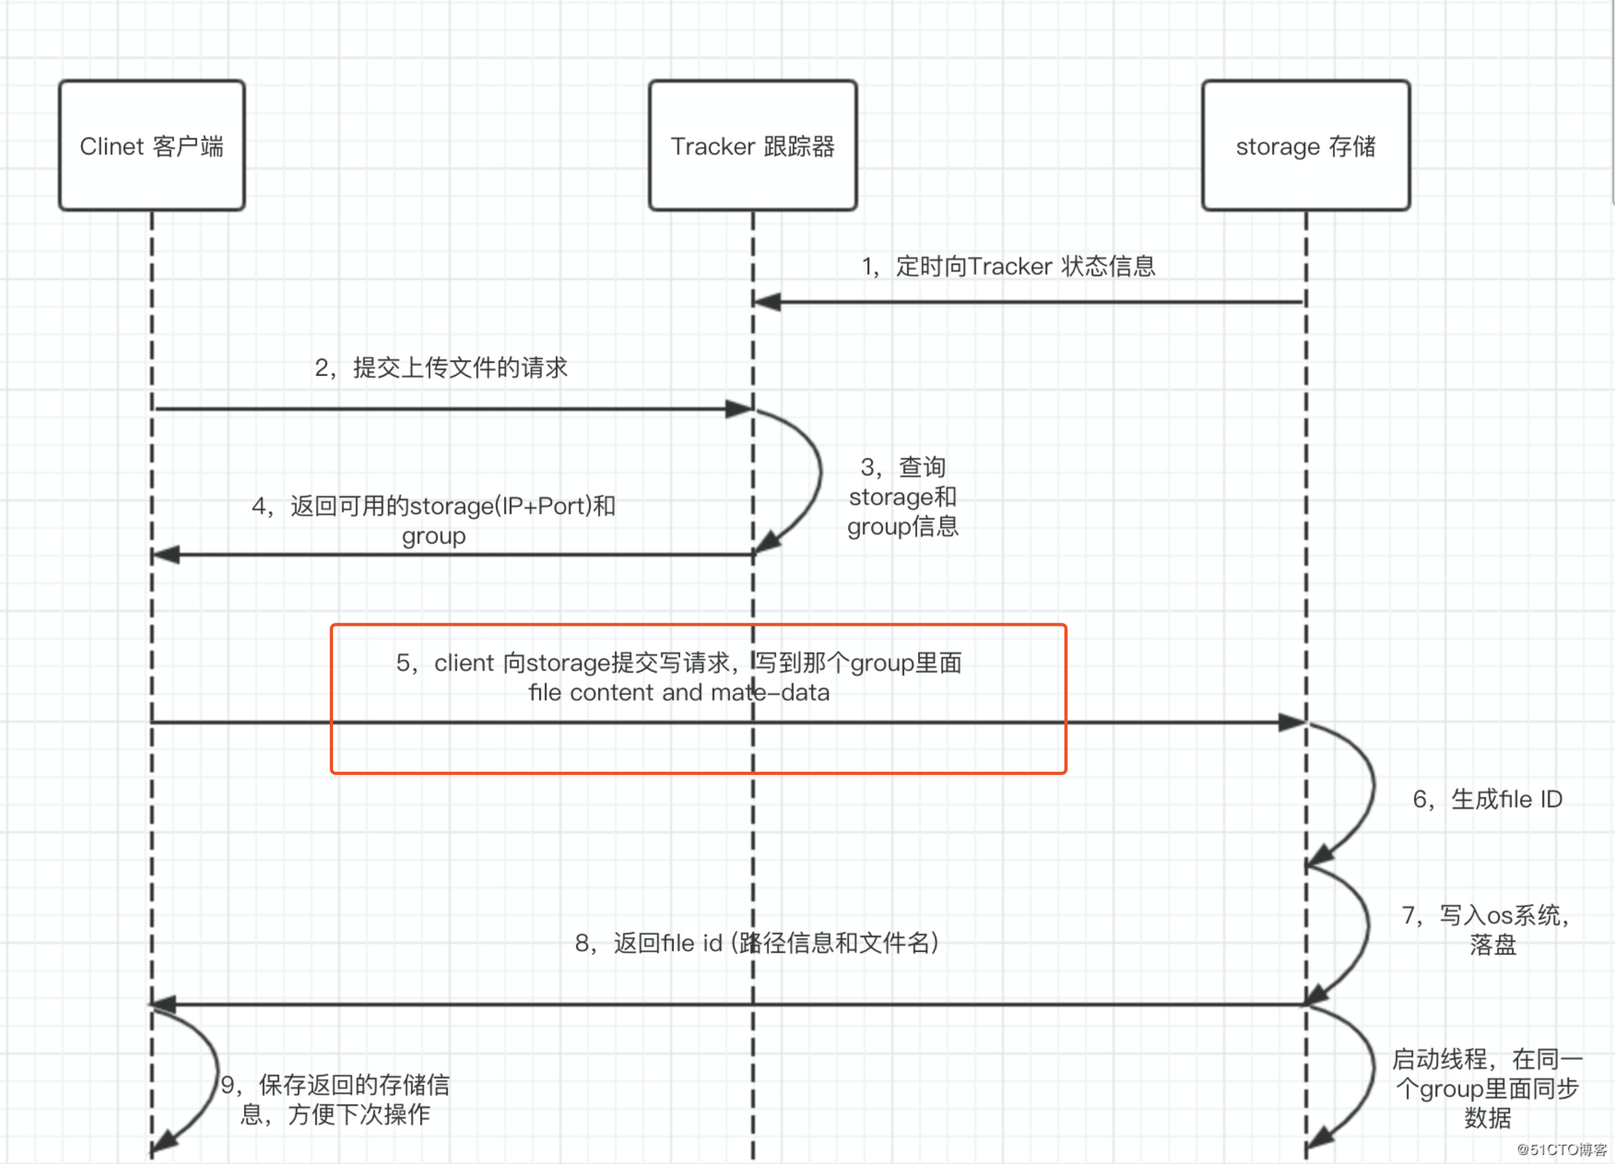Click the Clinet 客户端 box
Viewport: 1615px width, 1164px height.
(152, 145)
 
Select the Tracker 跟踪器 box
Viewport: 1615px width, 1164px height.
(753, 145)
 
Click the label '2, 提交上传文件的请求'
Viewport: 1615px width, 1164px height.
(441, 368)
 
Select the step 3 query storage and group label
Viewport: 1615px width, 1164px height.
(902, 497)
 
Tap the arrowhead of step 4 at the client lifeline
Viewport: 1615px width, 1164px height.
(166, 555)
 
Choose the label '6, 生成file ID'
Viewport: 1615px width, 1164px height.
(1487, 800)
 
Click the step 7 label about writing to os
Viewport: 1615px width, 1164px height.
(1487, 929)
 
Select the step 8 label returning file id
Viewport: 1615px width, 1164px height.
(756, 943)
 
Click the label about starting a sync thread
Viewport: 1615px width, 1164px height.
(1487, 1088)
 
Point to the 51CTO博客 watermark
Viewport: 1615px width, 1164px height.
(1561, 1149)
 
